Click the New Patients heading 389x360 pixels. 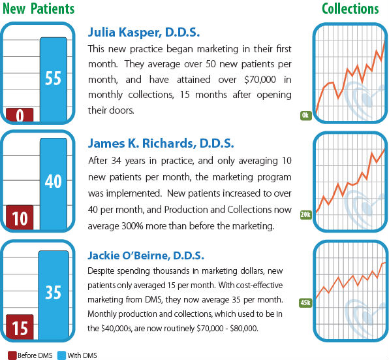click(37, 8)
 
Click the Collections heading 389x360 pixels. click(350, 8)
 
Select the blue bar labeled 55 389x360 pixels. click(53, 79)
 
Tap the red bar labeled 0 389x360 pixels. click(20, 115)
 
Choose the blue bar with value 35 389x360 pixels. click(53, 292)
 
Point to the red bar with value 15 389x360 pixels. click(20, 328)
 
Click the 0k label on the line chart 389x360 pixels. click(305, 115)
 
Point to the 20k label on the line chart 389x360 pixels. click(305, 214)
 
